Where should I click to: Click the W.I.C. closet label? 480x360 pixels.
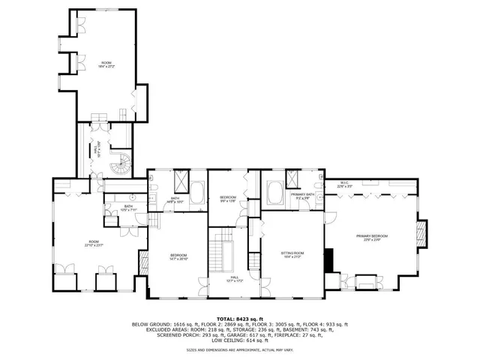pyautogui.click(x=344, y=184)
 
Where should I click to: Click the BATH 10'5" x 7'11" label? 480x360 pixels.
pyautogui.click(x=128, y=208)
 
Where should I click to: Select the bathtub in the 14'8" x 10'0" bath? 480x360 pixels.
pyautogui.click(x=196, y=193)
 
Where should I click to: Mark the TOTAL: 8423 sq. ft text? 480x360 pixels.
pyautogui.click(x=240, y=319)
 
